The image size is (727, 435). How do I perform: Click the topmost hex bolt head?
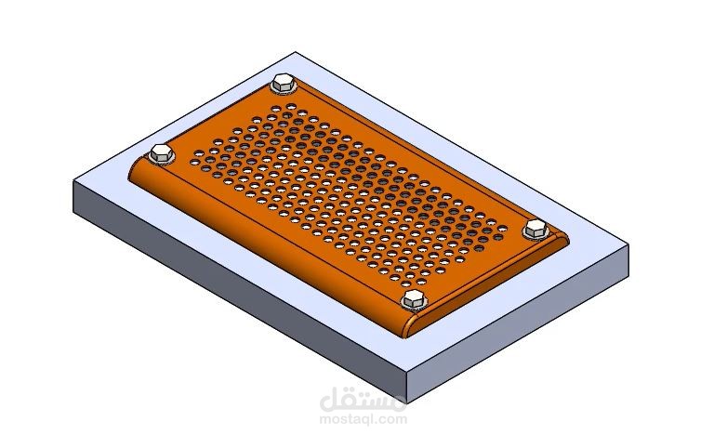pyautogui.click(x=283, y=83)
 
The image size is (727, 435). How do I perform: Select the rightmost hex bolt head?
pyautogui.click(x=535, y=229)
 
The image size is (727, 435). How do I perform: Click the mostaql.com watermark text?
pyautogui.click(x=363, y=420)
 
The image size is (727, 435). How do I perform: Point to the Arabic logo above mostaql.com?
pyautogui.click(x=363, y=400)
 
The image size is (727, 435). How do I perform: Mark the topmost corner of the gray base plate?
pyautogui.click(x=295, y=52)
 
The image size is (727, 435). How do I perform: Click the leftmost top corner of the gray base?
pyautogui.click(x=73, y=181)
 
